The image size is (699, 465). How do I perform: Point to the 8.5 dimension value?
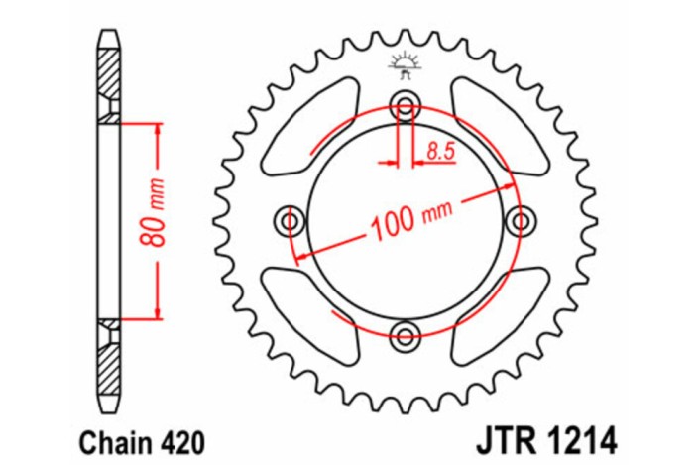pyautogui.click(x=441, y=151)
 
